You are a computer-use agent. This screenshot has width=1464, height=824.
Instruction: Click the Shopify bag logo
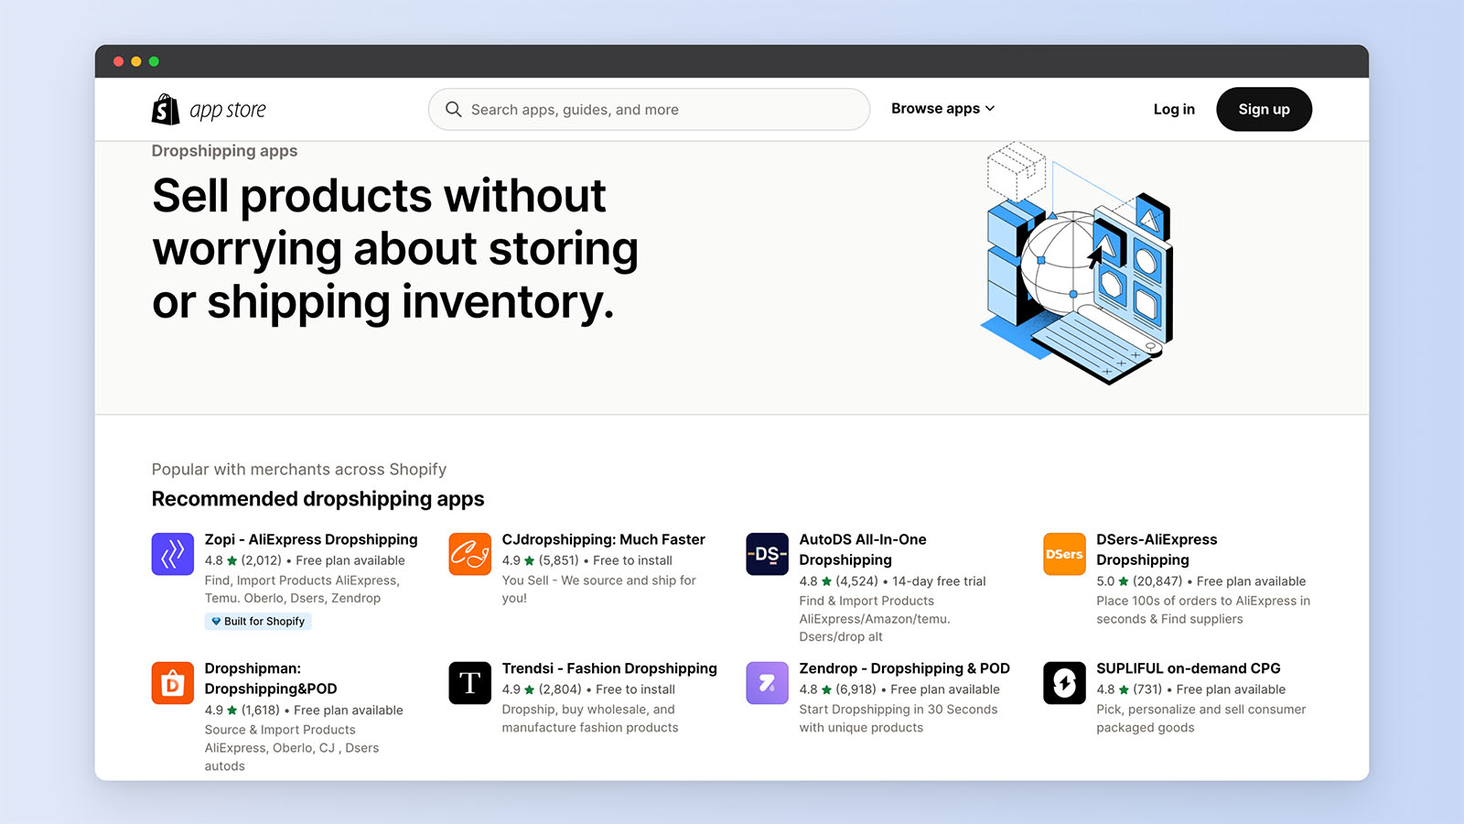(166, 109)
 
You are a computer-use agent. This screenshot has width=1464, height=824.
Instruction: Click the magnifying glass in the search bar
(453, 110)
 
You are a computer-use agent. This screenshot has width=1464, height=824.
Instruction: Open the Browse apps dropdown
(942, 109)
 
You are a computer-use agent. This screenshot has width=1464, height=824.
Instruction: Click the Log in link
(1174, 110)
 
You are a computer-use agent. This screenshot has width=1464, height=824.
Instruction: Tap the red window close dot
(118, 61)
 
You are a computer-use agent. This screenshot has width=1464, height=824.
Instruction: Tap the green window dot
(154, 61)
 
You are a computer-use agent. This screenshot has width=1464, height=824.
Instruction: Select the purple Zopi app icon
(173, 554)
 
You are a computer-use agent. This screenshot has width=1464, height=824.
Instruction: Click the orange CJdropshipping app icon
(470, 554)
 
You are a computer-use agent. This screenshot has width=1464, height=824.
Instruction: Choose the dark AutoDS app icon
(767, 554)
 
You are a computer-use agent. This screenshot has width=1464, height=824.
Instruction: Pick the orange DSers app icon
(1064, 554)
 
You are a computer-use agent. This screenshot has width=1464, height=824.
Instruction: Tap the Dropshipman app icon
(173, 683)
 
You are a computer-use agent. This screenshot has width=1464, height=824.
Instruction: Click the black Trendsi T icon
(470, 683)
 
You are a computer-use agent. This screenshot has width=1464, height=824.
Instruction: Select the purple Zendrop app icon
(767, 683)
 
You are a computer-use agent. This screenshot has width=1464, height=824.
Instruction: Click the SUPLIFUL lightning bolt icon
(1064, 683)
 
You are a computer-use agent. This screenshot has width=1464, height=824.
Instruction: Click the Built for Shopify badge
(258, 622)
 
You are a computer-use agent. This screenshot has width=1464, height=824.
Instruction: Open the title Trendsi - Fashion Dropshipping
(609, 668)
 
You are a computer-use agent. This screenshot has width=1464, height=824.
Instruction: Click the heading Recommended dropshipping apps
(318, 499)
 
